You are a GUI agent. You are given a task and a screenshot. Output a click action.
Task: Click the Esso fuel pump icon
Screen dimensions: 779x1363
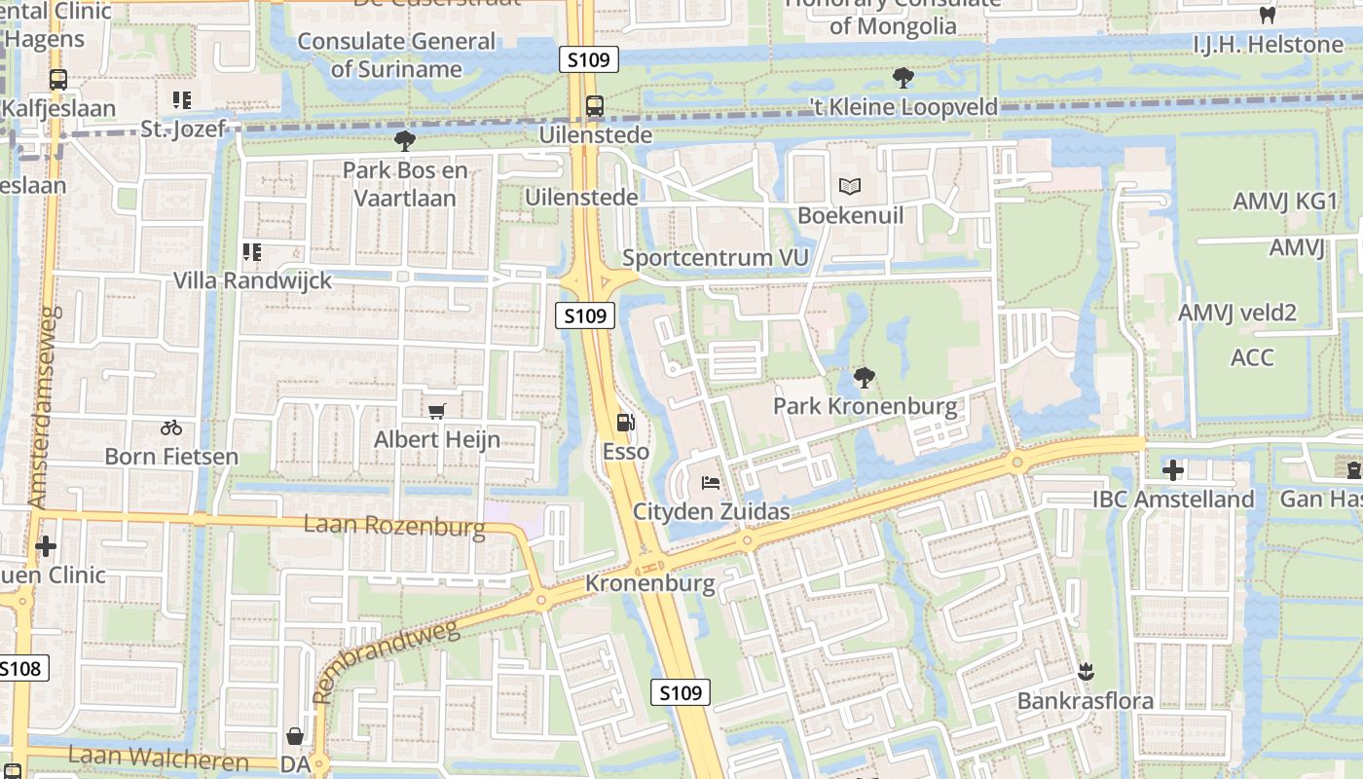click(x=625, y=424)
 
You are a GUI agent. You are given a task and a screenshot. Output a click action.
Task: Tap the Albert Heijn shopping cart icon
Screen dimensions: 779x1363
click(x=437, y=411)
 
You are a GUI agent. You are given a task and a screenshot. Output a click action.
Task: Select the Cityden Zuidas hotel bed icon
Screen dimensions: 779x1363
click(x=710, y=483)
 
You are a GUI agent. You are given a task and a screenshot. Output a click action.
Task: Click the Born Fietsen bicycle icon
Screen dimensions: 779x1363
click(x=171, y=427)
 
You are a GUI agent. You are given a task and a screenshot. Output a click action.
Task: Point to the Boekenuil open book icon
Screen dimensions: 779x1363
click(x=850, y=186)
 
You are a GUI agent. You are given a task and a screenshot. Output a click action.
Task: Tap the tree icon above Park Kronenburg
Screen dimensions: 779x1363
click(x=864, y=377)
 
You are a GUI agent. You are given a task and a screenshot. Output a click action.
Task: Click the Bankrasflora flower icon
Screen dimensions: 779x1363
click(x=1086, y=672)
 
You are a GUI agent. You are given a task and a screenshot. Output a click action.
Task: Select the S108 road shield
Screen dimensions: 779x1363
click(x=21, y=668)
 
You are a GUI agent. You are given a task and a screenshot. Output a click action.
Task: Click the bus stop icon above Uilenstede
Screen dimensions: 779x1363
click(x=594, y=106)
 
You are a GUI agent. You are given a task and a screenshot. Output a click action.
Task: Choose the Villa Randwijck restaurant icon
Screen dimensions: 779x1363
click(x=252, y=252)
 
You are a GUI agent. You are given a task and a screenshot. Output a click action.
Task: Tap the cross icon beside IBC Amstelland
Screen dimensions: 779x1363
click(x=1173, y=471)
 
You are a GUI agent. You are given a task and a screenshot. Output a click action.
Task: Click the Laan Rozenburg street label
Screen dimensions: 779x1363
click(x=394, y=527)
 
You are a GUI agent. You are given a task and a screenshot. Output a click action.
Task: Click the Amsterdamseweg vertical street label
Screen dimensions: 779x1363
click(x=45, y=406)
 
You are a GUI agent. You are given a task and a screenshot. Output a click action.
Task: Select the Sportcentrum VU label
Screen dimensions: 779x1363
click(x=716, y=258)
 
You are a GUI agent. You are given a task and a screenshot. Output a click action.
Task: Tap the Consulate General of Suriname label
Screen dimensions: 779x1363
click(x=396, y=55)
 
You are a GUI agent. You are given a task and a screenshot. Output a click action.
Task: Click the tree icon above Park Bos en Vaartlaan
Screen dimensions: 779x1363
click(x=405, y=141)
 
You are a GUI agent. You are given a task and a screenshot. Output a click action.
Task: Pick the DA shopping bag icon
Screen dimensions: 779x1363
click(x=294, y=736)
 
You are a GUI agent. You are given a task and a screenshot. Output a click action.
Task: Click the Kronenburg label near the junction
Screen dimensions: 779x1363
click(x=649, y=584)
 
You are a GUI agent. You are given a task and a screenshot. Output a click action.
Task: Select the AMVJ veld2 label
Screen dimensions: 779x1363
click(x=1237, y=313)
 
